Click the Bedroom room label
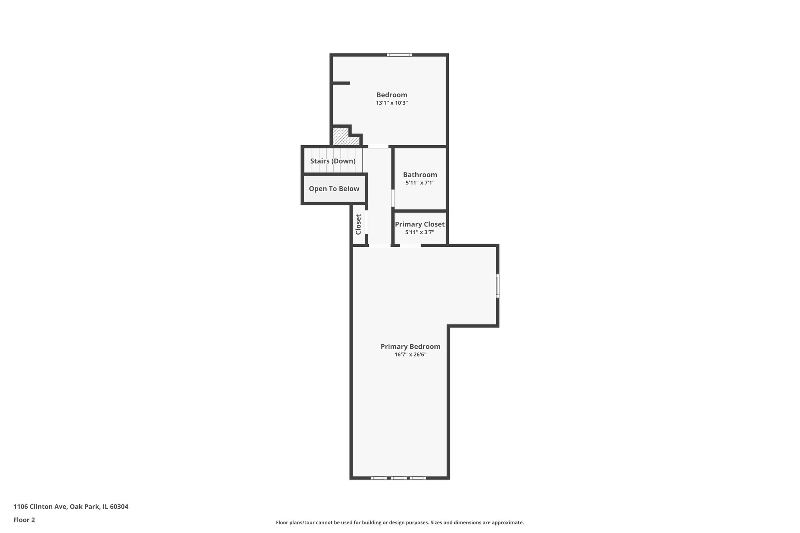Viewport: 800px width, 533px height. [392, 95]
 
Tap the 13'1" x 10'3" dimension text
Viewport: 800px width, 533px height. [392, 103]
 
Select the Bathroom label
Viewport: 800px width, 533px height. [420, 175]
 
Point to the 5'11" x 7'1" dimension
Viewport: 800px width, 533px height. [420, 183]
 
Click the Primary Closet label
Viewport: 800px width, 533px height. [420, 225]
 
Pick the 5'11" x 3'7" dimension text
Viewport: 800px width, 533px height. [420, 232]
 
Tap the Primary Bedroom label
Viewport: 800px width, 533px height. [411, 347]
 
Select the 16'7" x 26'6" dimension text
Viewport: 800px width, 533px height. [411, 355]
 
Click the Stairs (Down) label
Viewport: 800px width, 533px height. [333, 161]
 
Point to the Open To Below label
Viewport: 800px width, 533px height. [334, 189]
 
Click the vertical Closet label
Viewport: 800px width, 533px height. [358, 225]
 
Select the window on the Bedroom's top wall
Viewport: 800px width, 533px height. [399, 55]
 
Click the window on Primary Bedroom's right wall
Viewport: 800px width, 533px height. [498, 286]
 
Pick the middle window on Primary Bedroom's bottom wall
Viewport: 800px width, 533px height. [398, 478]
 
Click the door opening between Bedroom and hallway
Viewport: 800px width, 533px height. [378, 147]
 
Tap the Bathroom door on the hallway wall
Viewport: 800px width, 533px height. [393, 198]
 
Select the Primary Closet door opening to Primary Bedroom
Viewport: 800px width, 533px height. [410, 245]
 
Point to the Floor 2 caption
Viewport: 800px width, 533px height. [24, 520]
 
